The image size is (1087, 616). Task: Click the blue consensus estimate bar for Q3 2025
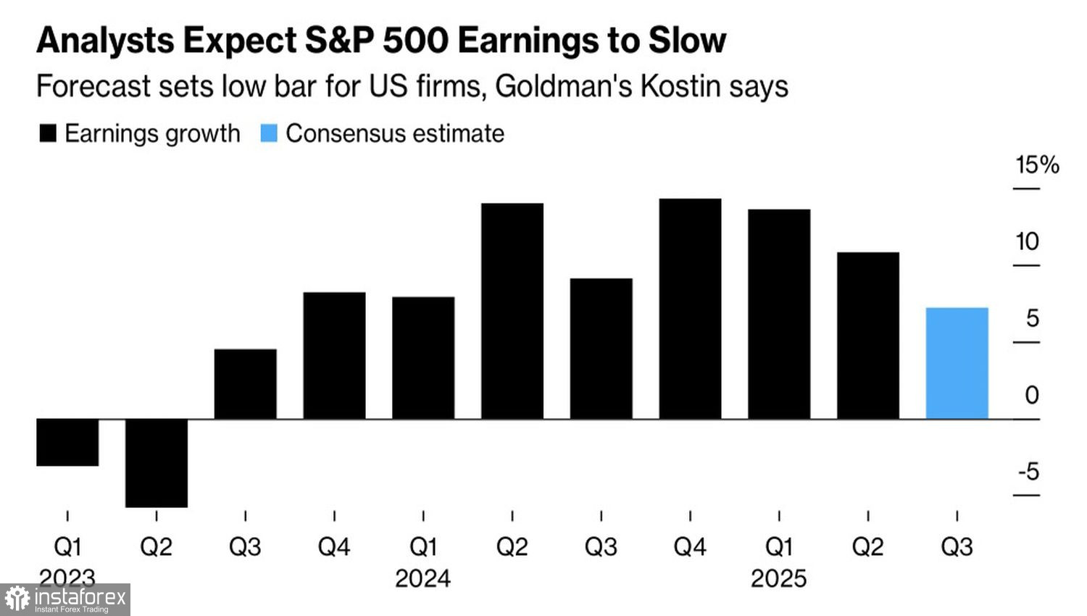tap(957, 363)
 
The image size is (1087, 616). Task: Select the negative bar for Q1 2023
tap(67, 442)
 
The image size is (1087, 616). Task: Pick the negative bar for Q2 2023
tap(157, 462)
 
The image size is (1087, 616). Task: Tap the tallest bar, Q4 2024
tap(690, 309)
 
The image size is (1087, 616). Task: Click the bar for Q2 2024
tap(512, 311)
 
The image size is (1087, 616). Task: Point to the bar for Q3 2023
tap(246, 384)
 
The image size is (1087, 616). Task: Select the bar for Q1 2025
tap(779, 314)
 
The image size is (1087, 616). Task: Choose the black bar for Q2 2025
tap(868, 336)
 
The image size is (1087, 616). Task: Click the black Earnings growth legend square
tap(48, 133)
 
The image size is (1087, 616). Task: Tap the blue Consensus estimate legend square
tap(269, 133)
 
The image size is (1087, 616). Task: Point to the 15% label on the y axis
tap(1037, 165)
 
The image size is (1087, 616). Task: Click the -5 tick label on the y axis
tap(1028, 472)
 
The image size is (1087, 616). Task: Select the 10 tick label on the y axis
tap(1027, 241)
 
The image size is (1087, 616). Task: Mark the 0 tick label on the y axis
tap(1032, 395)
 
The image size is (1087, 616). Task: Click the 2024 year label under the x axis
tap(423, 578)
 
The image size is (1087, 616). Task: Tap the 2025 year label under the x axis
tap(779, 578)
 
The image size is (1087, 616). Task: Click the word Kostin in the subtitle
tap(679, 86)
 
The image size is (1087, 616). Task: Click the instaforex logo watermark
tap(65, 599)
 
